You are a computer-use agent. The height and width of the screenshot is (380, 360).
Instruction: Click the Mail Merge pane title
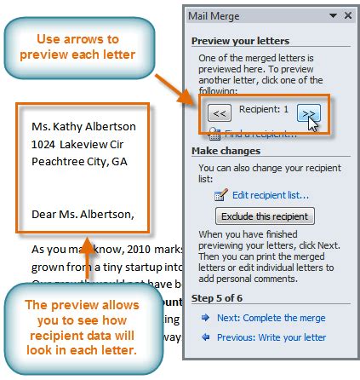[x=220, y=14]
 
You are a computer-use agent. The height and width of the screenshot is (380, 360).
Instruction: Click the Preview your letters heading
[x=239, y=40]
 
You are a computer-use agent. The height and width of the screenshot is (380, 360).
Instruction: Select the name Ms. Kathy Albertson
[x=83, y=127]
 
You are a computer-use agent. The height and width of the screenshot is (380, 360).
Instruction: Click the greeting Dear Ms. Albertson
[x=83, y=213]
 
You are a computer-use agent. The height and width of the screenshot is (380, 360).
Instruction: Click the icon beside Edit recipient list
[x=219, y=194]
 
